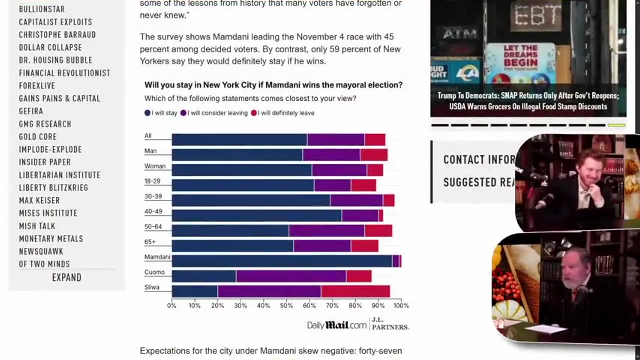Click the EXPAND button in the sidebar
click(x=66, y=277)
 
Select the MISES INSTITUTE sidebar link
click(x=48, y=213)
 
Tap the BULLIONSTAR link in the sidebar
click(x=42, y=9)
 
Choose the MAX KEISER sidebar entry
click(x=39, y=200)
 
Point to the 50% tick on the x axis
click(x=286, y=305)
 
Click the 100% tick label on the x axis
click(x=401, y=305)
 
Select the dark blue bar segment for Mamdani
click(x=282, y=261)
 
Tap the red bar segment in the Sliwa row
click(x=355, y=291)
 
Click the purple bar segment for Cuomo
click(x=291, y=276)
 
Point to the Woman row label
click(x=155, y=166)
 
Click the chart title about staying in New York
click(x=273, y=85)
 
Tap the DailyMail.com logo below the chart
click(x=336, y=325)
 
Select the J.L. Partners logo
click(x=390, y=324)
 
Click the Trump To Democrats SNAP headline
click(x=528, y=101)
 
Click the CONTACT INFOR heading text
click(x=479, y=160)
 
